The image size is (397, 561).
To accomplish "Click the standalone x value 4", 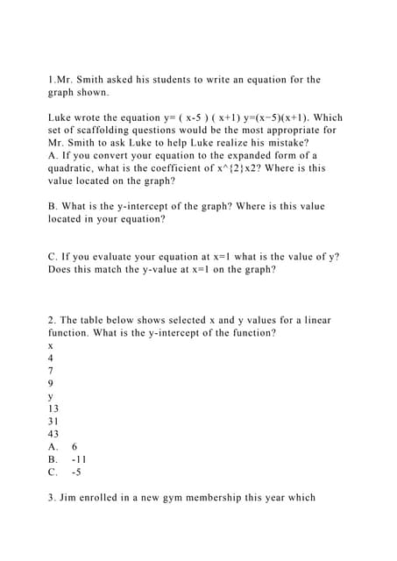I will [x=51, y=358].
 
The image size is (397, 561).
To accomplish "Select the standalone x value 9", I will [x=51, y=383].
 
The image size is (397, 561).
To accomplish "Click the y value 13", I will [x=54, y=408].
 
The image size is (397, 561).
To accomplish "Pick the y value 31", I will [x=54, y=421].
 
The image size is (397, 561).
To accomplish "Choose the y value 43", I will [x=54, y=433].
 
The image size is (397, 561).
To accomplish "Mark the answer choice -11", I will [x=80, y=458].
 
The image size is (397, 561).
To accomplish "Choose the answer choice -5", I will [x=77, y=471].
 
